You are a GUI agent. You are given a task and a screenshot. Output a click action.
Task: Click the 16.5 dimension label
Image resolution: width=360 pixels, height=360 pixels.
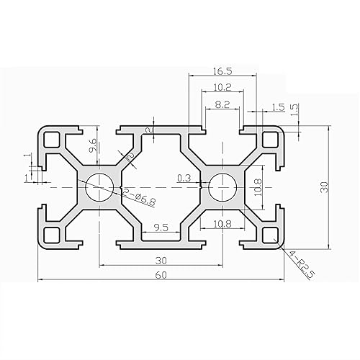click(x=222, y=71)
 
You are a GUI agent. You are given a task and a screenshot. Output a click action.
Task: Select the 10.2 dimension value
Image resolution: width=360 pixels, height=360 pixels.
click(x=222, y=88)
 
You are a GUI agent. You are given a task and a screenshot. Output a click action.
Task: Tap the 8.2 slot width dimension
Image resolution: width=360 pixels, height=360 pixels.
click(x=222, y=104)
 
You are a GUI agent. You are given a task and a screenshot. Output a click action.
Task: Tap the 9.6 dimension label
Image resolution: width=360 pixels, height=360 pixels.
click(x=92, y=148)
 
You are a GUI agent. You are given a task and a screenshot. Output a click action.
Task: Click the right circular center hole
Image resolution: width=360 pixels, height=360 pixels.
click(x=220, y=188)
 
